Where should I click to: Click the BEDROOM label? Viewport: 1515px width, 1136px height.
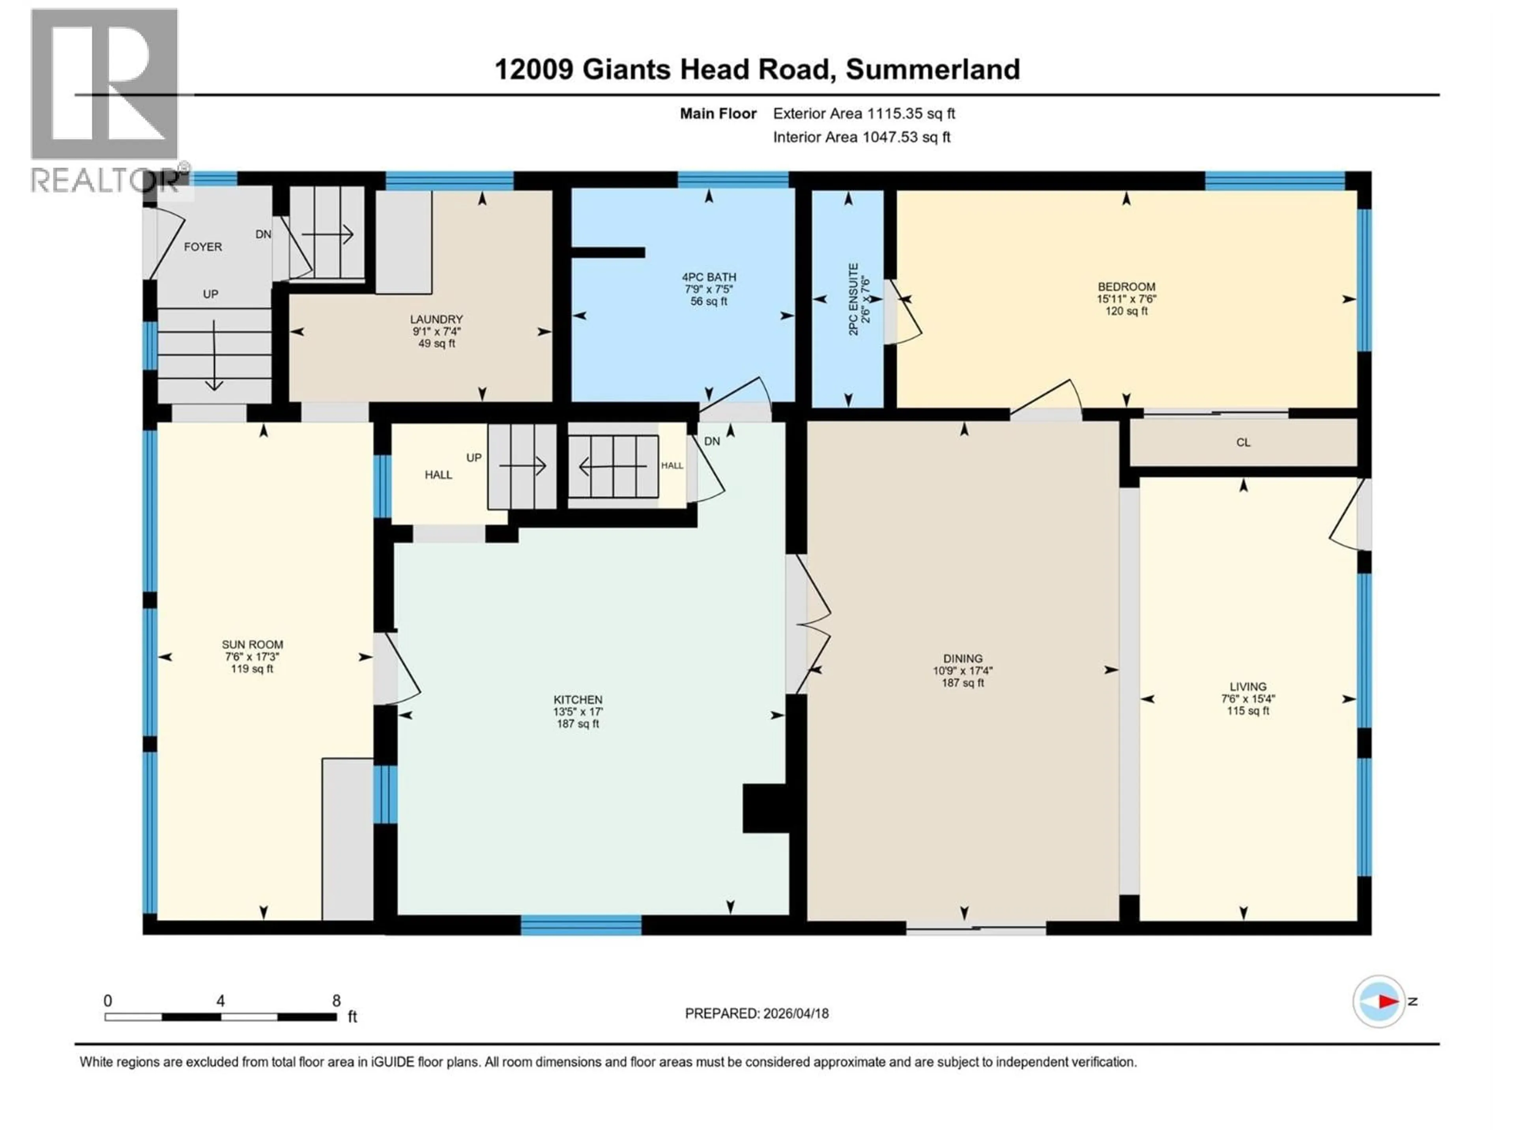(x=1126, y=287)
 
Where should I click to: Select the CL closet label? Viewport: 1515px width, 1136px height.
(x=1243, y=442)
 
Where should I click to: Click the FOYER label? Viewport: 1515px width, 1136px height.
(x=203, y=247)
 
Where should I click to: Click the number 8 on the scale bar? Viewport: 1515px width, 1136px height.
(x=336, y=1000)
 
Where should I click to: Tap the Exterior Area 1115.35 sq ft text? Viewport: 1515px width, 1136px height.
(x=864, y=114)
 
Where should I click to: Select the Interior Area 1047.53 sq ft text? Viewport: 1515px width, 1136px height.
(x=862, y=137)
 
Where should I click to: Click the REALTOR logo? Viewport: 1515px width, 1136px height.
(x=105, y=99)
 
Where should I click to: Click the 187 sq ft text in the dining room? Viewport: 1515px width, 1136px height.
(x=962, y=683)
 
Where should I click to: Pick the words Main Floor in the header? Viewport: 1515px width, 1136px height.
(x=718, y=114)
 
